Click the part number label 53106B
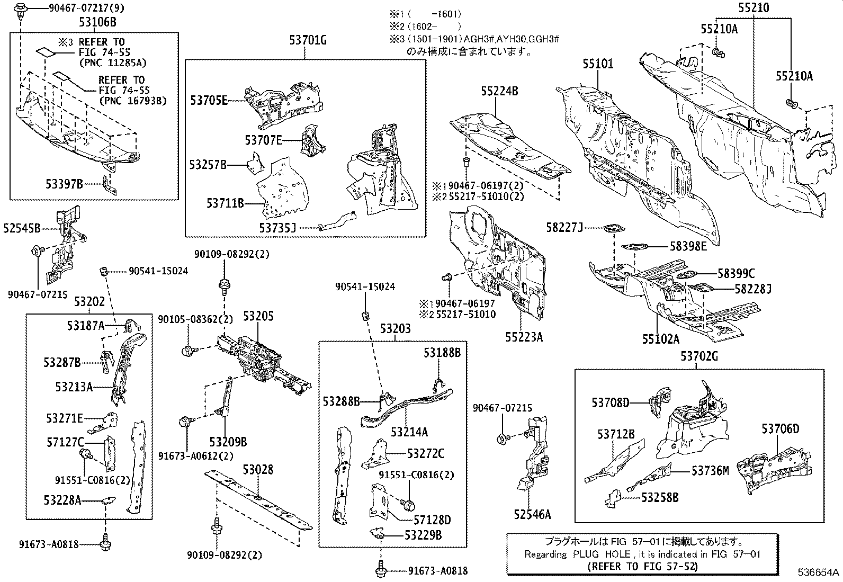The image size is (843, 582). pyautogui.click(x=97, y=22)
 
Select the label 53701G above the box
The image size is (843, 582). pyautogui.click(x=308, y=39)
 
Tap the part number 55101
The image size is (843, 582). pyautogui.click(x=598, y=64)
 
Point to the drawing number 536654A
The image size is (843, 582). pyautogui.click(x=819, y=572)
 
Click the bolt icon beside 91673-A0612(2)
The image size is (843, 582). pyautogui.click(x=186, y=422)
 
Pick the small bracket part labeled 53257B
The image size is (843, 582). pyautogui.click(x=256, y=163)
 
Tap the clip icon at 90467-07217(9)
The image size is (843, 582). pyautogui.click(x=22, y=10)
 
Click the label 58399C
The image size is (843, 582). pyautogui.click(x=737, y=274)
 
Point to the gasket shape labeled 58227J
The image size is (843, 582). pyautogui.click(x=613, y=229)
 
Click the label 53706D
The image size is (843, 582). pyautogui.click(x=781, y=429)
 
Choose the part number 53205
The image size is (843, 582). pyautogui.click(x=258, y=316)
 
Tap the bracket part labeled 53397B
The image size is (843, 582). pyautogui.click(x=108, y=186)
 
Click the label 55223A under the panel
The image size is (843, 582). pyautogui.click(x=524, y=337)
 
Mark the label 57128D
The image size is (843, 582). pyautogui.click(x=432, y=521)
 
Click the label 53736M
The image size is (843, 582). pyautogui.click(x=710, y=470)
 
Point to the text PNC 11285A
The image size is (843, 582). pyautogui.click(x=112, y=63)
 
